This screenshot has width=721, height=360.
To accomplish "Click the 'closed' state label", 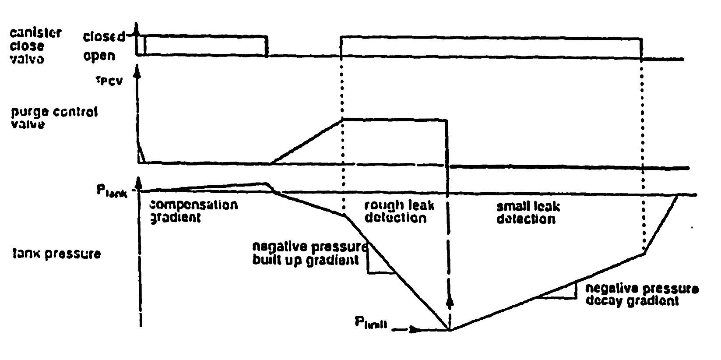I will pos(104,37).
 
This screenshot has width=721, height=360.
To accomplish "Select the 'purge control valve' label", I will pos(54,118).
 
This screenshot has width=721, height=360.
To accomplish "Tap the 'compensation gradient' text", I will pos(194,211).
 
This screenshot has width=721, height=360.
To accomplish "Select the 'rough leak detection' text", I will pos(395,212).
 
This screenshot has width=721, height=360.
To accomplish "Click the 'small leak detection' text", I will pos(528,212).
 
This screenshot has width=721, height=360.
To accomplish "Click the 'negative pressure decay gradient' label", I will pos(642,295).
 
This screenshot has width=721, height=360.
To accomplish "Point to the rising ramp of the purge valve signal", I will pos(307,141).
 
